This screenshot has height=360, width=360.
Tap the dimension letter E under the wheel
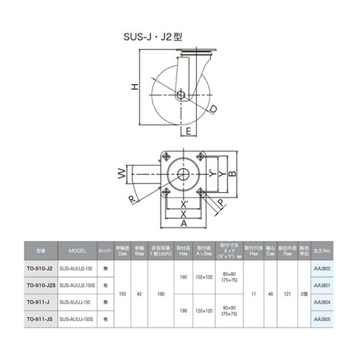[x=187, y=132]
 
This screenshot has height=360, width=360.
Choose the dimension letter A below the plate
[x=184, y=225]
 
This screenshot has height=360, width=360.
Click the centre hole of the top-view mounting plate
[x=184, y=174]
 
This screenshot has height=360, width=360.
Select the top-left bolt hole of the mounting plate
[x=166, y=158]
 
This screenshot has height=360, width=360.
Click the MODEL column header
[x=77, y=251]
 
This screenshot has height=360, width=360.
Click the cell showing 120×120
[x=203, y=310]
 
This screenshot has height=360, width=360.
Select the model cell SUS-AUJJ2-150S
[x=77, y=284]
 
